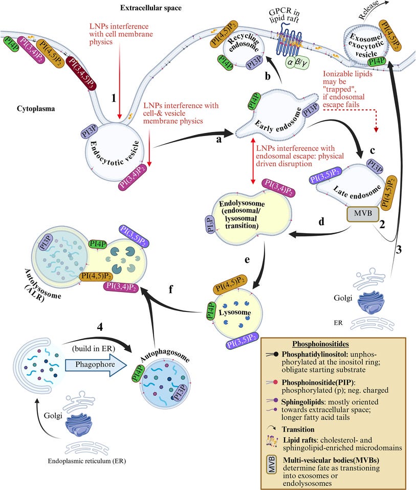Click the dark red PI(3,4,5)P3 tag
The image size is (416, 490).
pos(81,74)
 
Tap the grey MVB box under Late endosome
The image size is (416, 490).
pos(363,214)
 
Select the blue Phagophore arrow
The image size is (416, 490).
pos(96,365)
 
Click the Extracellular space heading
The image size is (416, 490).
pos(151,8)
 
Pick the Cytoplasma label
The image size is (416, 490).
pos(36,109)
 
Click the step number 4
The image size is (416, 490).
pos(100,327)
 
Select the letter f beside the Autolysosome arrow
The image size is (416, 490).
pos(171,289)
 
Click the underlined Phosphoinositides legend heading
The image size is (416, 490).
pos(320,344)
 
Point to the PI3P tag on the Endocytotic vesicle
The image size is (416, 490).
pos(90,131)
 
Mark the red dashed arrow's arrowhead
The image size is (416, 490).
pos(376,129)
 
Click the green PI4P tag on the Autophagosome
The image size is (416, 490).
pos(138,373)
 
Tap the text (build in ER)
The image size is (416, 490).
pos(94,348)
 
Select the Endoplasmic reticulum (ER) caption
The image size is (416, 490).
pos(87,461)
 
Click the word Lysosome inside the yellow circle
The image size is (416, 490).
pos(235,313)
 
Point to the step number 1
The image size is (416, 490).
pos(114,98)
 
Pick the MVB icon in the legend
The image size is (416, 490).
pos(271,464)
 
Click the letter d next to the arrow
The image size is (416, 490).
pos(321,221)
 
